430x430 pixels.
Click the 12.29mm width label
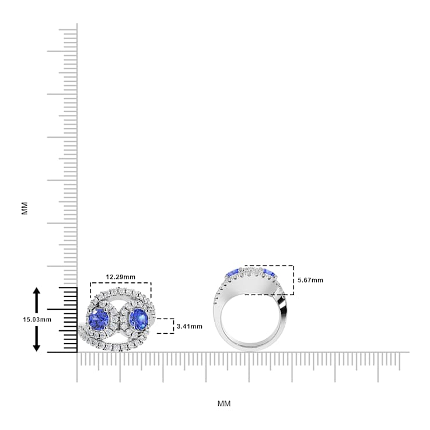point(121,277)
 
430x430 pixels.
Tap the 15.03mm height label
point(37,320)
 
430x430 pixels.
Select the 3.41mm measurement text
point(189,326)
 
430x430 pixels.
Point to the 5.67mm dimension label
point(310,280)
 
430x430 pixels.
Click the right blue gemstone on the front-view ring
point(138,319)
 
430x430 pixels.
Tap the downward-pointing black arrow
point(37,341)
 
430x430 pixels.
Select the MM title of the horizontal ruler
point(224,403)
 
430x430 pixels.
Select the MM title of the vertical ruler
point(25,208)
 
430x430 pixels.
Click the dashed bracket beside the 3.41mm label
point(167,326)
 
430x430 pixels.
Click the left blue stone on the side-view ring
point(232,273)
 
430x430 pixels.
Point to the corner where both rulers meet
point(77,352)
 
